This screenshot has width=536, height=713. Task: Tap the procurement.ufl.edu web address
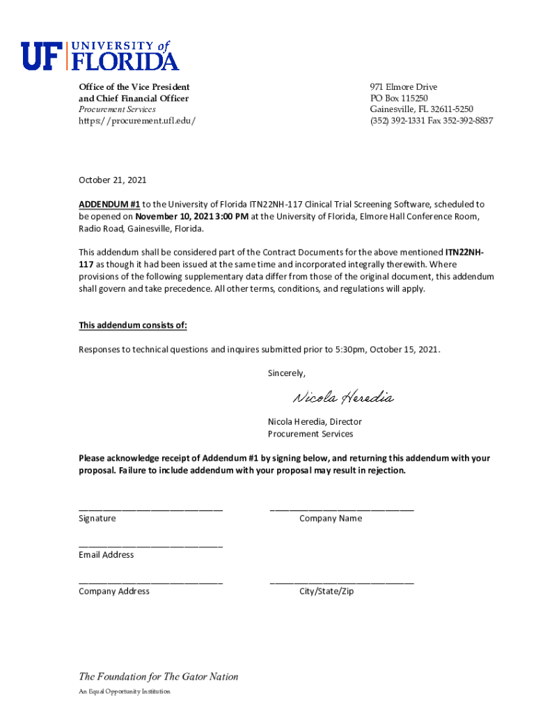[136, 120]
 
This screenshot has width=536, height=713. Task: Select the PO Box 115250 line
[399, 98]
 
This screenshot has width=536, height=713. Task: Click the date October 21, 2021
[113, 180]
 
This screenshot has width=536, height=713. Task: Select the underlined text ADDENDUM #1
[109, 205]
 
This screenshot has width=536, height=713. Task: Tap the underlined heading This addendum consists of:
[132, 325]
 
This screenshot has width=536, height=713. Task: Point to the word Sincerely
[286, 373]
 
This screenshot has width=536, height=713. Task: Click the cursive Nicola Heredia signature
[342, 398]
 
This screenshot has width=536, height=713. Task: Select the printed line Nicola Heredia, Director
[315, 422]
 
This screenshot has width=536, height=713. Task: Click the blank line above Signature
[150, 509]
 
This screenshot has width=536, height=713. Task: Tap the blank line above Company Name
[341, 509]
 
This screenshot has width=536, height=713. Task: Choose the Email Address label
[106, 555]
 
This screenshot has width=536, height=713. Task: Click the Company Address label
[113, 591]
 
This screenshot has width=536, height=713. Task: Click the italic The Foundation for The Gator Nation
[158, 677]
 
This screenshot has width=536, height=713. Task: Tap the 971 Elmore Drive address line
[404, 87]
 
